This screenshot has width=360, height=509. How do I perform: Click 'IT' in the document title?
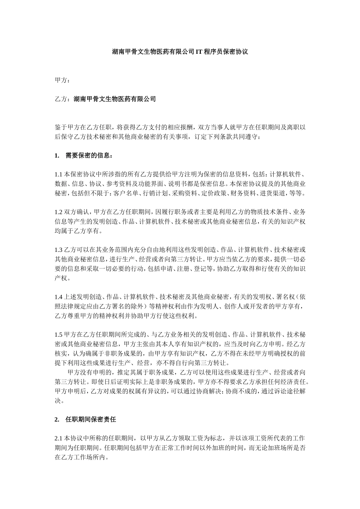[x=199, y=52]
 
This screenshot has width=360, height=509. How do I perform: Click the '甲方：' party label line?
[x=62, y=80]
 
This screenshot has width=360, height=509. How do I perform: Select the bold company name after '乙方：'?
[x=114, y=99]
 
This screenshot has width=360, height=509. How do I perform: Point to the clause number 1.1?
[x=58, y=174]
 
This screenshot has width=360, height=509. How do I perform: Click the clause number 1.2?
[x=58, y=212]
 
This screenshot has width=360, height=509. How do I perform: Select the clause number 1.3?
[x=58, y=250]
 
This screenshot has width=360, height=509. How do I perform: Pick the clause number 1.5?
[x=58, y=334]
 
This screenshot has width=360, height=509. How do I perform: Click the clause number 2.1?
[x=59, y=438]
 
